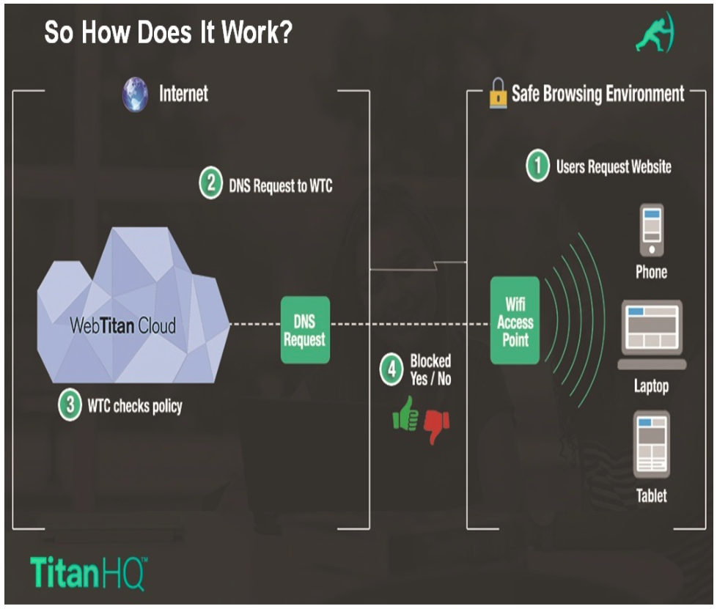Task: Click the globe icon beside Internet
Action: coord(136,96)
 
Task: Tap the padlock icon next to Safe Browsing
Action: coord(499,95)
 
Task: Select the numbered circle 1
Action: coord(537,167)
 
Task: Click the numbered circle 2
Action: coord(210,184)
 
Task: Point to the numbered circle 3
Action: coord(70,405)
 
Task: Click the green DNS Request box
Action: coord(305,330)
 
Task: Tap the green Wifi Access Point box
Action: coord(515,320)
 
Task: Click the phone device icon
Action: coord(651,229)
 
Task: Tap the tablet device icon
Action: coord(651,445)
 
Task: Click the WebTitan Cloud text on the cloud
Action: coord(122,325)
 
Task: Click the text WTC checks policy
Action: coord(135,405)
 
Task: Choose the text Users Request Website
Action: coord(614,167)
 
